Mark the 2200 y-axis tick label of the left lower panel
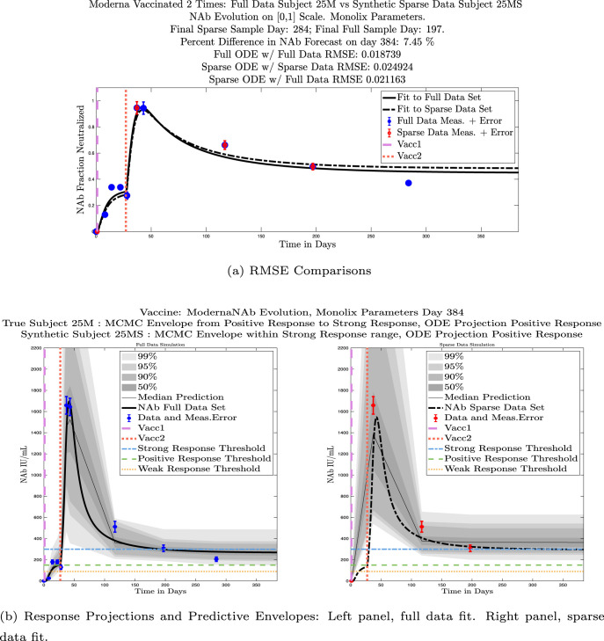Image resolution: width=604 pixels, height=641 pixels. pyautogui.click(x=33, y=349)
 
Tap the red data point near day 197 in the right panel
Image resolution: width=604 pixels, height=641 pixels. pyautogui.click(x=470, y=548)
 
